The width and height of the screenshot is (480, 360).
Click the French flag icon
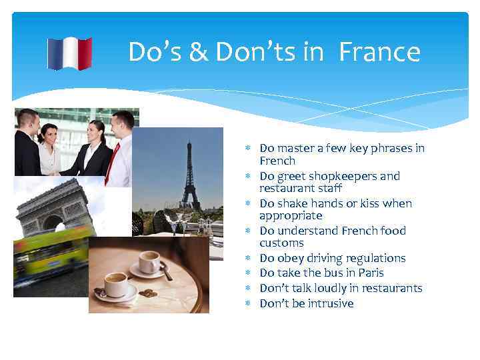(69, 53)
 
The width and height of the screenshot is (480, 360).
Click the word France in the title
(379, 52)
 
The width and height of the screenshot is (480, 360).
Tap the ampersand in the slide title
(198, 53)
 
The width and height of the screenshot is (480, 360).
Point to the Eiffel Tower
(190, 177)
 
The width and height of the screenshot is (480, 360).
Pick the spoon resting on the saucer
(165, 269)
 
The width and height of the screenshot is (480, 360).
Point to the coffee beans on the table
(148, 293)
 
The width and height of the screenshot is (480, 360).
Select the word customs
(281, 243)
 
